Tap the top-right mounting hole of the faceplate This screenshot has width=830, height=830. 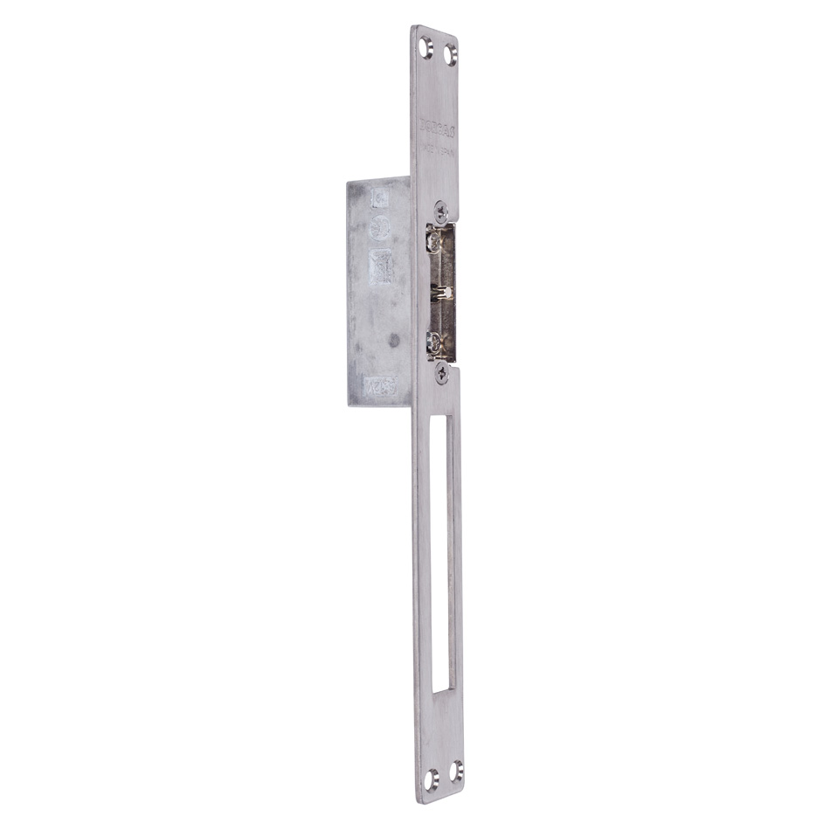click(451, 54)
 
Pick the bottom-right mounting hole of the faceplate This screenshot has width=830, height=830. click(455, 770)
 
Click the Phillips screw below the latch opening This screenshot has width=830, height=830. click(441, 370)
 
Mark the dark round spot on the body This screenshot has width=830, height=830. click(394, 337)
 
